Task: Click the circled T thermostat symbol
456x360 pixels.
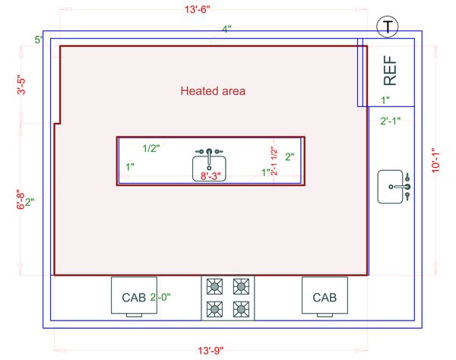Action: pyautogui.click(x=388, y=27)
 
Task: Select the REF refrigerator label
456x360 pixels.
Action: pyautogui.click(x=390, y=71)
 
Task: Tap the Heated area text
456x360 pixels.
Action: pyautogui.click(x=213, y=91)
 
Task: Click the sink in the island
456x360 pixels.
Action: pyautogui.click(x=209, y=165)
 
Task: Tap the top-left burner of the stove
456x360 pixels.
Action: pyautogui.click(x=215, y=286)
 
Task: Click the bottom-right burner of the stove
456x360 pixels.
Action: pyautogui.click(x=241, y=308)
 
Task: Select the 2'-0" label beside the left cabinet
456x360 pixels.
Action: pyautogui.click(x=161, y=297)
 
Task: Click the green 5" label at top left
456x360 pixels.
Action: pyautogui.click(x=38, y=39)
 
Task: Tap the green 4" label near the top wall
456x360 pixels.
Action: pyautogui.click(x=226, y=29)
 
